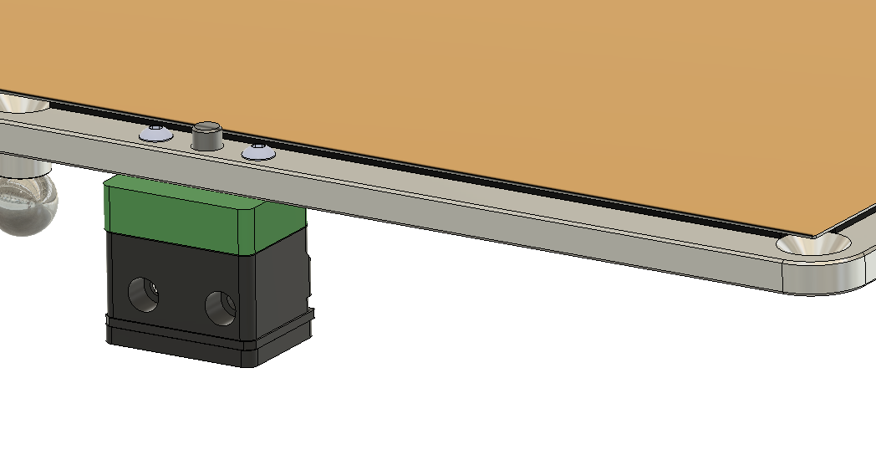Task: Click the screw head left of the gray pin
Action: (x=155, y=133)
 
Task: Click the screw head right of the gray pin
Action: (x=257, y=151)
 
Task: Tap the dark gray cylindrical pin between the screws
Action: (x=207, y=136)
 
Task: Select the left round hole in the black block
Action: (x=142, y=293)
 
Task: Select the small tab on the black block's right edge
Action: (x=310, y=276)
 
